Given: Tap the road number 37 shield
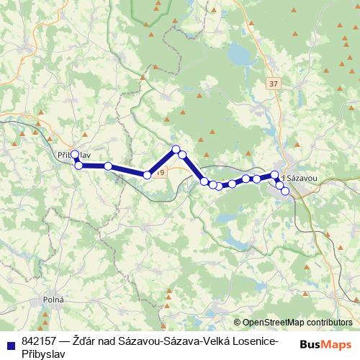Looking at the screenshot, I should (x=271, y=84).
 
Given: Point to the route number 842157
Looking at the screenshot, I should (x=40, y=341).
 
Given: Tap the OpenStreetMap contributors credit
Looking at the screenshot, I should (x=293, y=323).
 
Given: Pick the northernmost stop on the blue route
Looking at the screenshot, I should (x=175, y=149).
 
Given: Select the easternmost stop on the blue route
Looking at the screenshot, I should (x=285, y=192).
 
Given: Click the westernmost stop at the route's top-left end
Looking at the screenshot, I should (x=75, y=154).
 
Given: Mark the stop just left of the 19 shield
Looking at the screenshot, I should (x=148, y=174).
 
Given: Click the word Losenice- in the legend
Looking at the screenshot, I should (x=253, y=341).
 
